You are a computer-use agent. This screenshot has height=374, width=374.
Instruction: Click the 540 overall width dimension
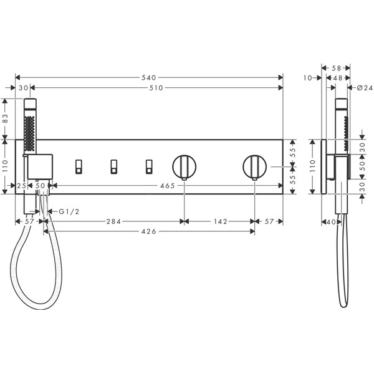tap(148, 77)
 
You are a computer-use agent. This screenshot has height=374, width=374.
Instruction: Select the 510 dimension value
tap(156, 88)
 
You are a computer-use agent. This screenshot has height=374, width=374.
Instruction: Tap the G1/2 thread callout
tap(69, 211)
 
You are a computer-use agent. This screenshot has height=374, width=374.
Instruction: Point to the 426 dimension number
tap(148, 231)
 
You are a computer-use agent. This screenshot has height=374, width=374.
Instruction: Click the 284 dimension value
tap(113, 221)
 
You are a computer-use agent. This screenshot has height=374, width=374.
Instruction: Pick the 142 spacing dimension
tap(221, 221)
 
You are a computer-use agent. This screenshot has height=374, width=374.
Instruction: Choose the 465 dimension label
tap(168, 186)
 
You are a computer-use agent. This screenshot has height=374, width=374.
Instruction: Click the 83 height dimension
tap(5, 118)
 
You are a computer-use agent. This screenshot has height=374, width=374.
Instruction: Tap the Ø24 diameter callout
tap(365, 88)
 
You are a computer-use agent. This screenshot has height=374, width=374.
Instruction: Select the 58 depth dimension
tap(337, 68)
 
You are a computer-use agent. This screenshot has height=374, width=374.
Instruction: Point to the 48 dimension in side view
tap(338, 78)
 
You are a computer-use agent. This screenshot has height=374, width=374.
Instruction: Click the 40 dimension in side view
tap(331, 222)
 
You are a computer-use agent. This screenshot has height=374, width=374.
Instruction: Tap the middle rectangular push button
tap(114, 166)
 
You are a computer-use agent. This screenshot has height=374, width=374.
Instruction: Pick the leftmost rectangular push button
tap(79, 166)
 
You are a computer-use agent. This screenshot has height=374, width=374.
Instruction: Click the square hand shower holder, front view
tap(40, 166)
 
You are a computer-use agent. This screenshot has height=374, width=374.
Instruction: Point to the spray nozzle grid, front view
tap(29, 133)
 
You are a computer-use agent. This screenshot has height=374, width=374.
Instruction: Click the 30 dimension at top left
tap(24, 88)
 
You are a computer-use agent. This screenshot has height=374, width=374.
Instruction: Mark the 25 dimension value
tap(21, 186)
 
